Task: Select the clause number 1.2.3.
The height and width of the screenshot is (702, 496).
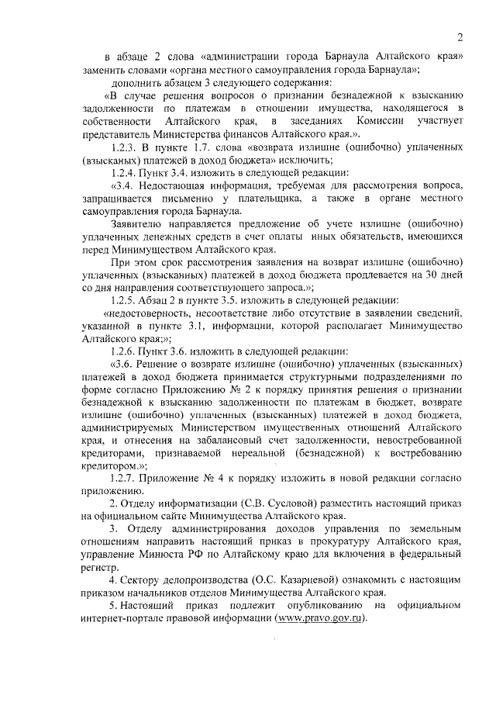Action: click(127, 147)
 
